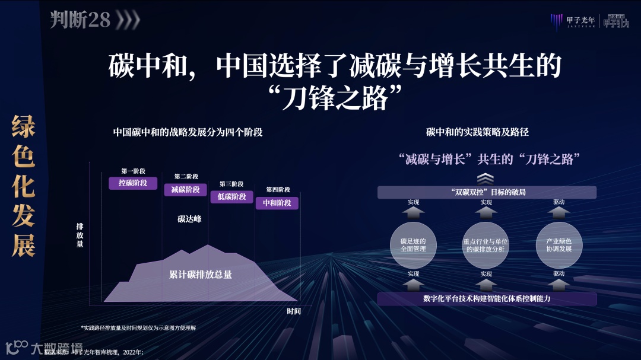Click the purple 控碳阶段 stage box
point(129,183)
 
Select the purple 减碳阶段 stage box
point(185,190)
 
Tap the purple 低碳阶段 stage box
point(231,197)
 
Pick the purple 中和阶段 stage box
point(277,203)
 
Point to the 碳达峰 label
point(189,219)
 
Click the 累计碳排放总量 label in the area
point(201,275)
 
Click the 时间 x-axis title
point(294,311)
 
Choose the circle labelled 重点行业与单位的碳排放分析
point(486,245)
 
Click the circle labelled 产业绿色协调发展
point(559,245)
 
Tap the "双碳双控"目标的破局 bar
point(487,192)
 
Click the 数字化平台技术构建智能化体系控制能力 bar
point(487,298)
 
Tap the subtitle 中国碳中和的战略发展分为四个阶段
point(188,132)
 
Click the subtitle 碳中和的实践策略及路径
point(477,132)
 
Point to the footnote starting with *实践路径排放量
point(138,328)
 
